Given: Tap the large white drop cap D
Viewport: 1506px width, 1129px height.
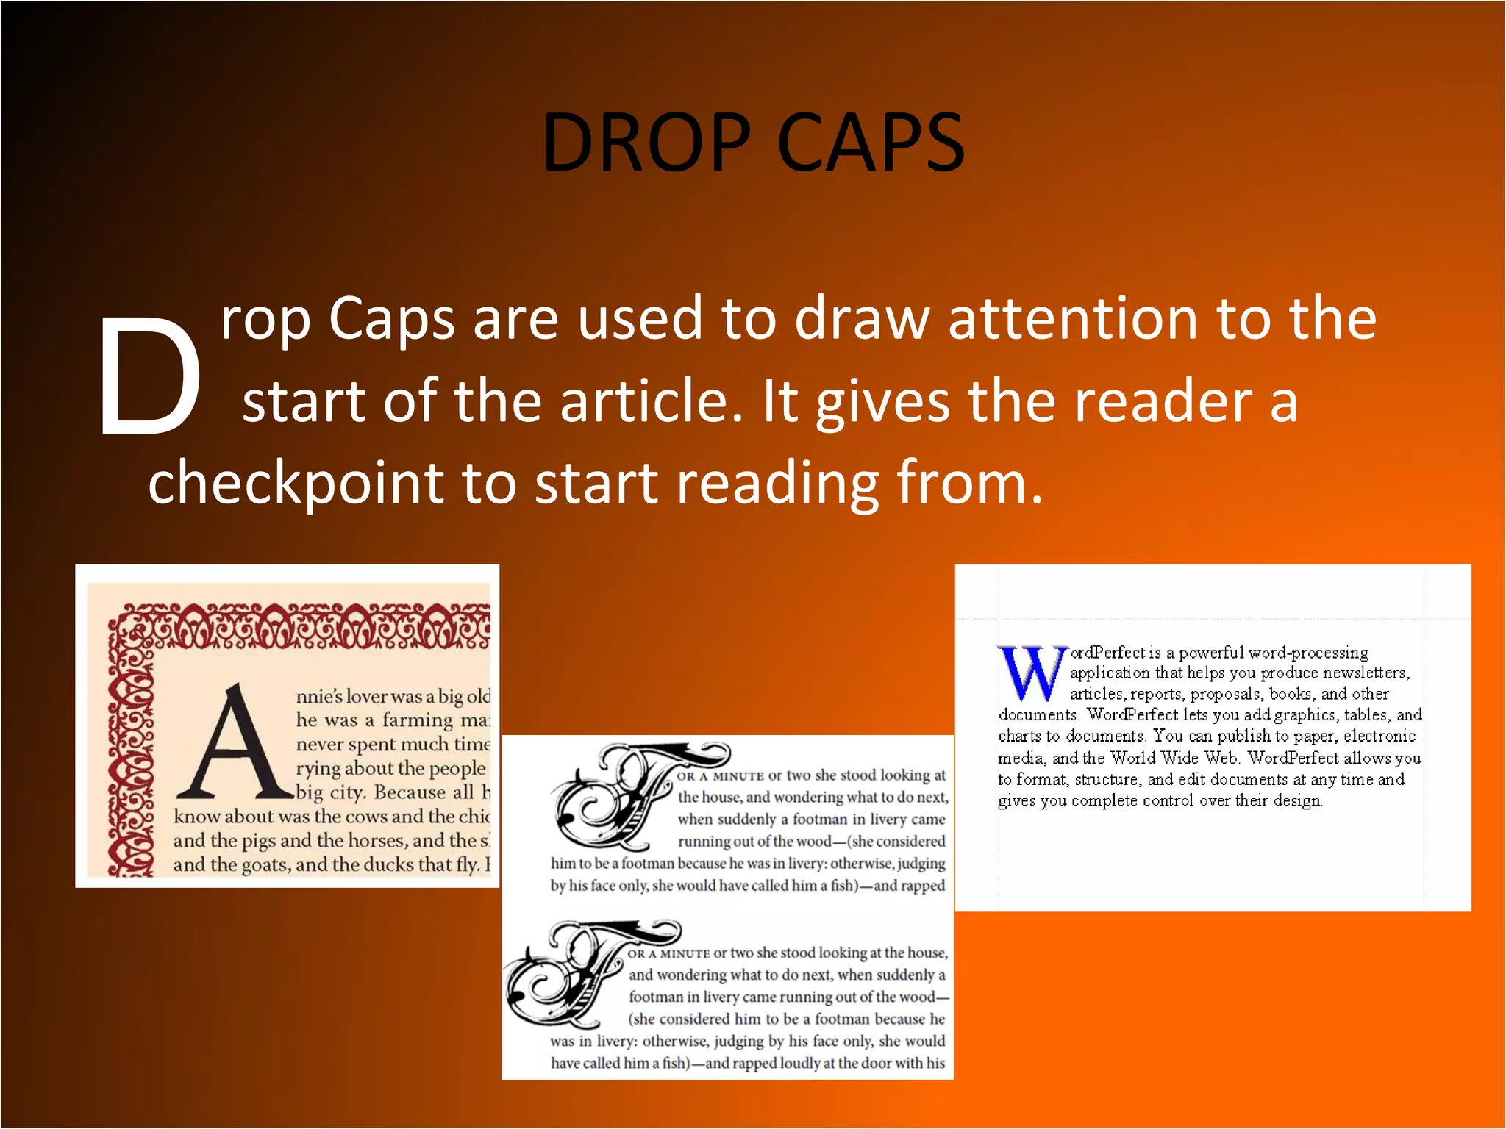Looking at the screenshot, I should point(150,376).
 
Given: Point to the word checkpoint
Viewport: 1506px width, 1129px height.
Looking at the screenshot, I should point(295,484).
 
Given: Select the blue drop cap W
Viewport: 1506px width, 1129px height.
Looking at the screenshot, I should point(1032,673).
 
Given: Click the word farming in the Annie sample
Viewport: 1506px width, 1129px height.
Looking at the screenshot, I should point(417,720).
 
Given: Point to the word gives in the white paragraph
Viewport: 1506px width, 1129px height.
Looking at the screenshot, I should point(882,403).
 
